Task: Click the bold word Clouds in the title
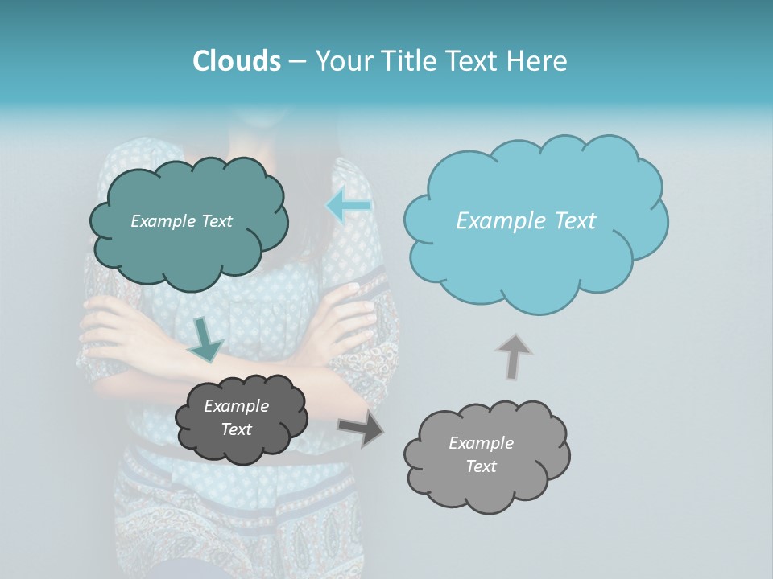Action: (236, 61)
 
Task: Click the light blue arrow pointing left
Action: (348, 206)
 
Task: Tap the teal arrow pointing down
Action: (206, 339)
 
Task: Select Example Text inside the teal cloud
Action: (181, 221)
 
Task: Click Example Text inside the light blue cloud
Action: (526, 221)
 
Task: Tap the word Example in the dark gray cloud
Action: (236, 406)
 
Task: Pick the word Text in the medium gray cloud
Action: (481, 466)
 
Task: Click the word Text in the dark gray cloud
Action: (236, 429)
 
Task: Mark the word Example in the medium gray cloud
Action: (481, 443)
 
